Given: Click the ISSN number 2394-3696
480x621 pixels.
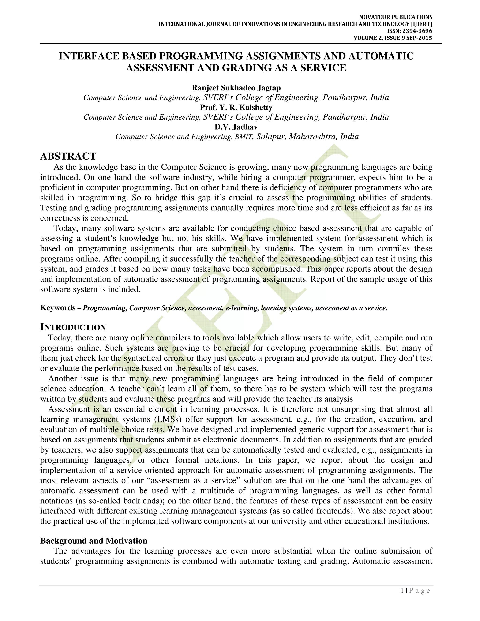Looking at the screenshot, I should pyautogui.click(x=417, y=31).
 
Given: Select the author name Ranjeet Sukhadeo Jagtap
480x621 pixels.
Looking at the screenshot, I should pyautogui.click(x=236, y=88).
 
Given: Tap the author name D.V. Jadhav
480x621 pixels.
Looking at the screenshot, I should pyautogui.click(x=236, y=127).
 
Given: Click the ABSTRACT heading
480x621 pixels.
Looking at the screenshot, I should pyautogui.click(x=68, y=156).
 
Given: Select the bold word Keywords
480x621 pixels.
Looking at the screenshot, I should pyautogui.click(x=58, y=308).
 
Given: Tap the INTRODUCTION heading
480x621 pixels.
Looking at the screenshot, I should pyautogui.click(x=73, y=327).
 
